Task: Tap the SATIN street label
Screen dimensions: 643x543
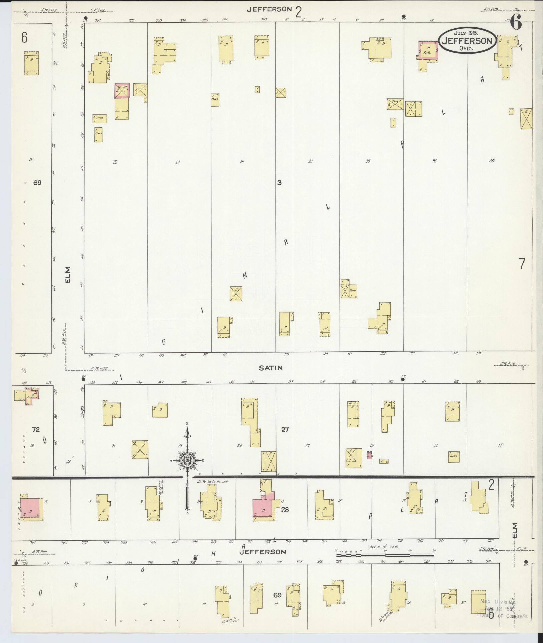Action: coord(271,368)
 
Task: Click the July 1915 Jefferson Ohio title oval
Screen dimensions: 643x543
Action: coord(467,40)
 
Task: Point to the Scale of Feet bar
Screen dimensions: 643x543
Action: coord(385,555)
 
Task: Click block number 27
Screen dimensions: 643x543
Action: coord(285,430)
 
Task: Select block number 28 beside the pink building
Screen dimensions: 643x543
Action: coord(285,510)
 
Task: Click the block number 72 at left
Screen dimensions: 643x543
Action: coord(36,429)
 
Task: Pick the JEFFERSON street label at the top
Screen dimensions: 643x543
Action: coord(269,9)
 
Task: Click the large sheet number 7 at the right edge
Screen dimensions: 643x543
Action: coord(522,264)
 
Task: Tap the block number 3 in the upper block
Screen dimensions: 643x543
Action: coord(279,183)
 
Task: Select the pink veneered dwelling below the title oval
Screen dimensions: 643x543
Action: coord(428,50)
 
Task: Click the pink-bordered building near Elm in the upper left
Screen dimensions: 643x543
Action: coord(122,90)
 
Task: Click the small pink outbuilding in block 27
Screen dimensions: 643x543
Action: coord(370,455)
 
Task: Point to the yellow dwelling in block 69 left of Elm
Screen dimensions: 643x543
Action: coord(31,63)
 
